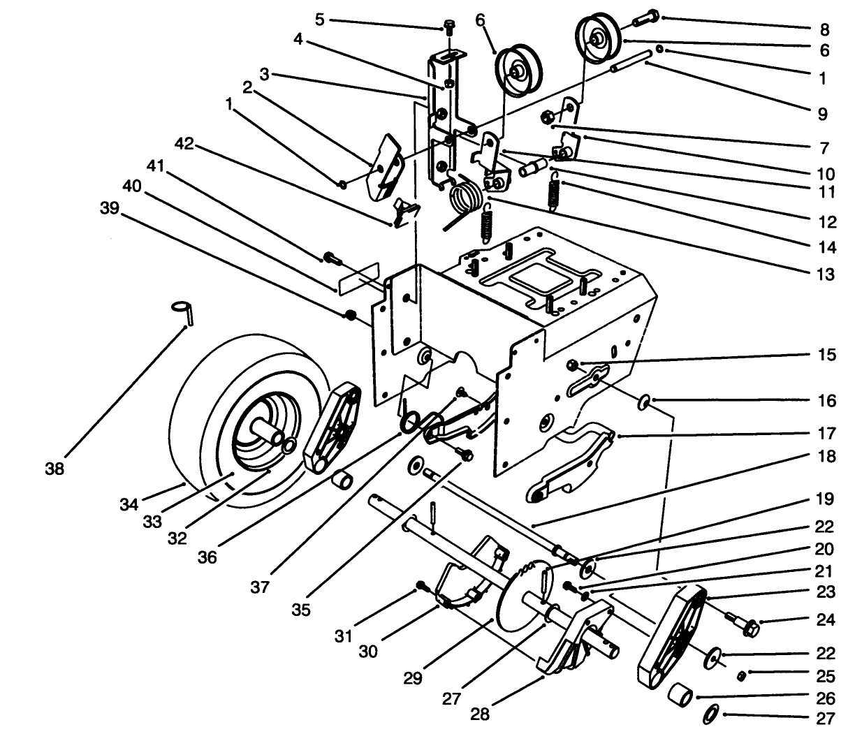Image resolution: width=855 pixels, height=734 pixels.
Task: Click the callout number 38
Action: click(x=54, y=469)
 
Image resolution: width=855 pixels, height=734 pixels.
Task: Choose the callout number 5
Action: click(x=319, y=20)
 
